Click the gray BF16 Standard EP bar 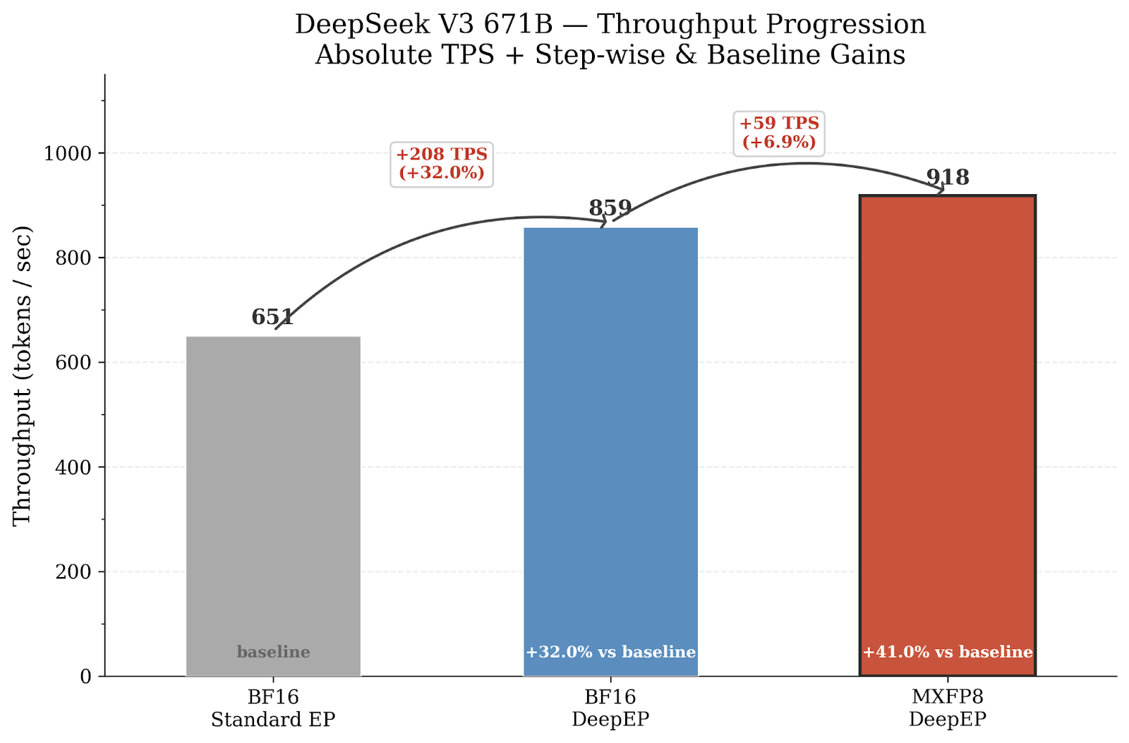273,494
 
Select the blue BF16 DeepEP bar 610,437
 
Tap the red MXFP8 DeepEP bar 947,423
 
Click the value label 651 272,318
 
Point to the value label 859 610,208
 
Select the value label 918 948,177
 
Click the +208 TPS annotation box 442,164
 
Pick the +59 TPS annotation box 779,133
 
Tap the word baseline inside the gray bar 273,652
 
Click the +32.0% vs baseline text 610,652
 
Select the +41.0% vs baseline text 947,652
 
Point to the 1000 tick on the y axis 68,153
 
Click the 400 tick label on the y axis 73,467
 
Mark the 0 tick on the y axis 86,677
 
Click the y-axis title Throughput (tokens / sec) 23,375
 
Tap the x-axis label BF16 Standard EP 273,708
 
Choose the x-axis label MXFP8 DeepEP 947,708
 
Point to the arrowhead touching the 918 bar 941,189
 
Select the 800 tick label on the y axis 73,258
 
